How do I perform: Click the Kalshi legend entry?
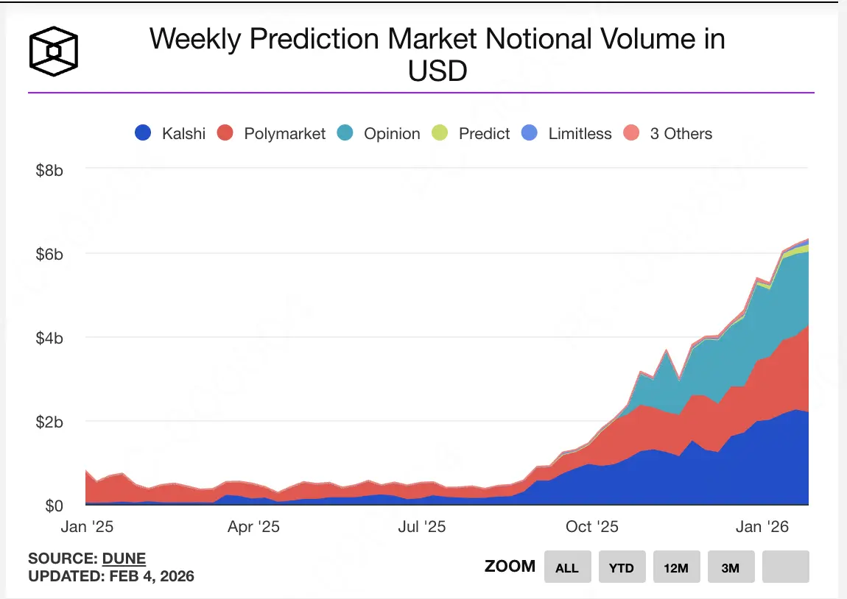pos(170,133)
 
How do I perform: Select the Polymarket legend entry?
pos(272,133)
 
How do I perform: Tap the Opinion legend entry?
pos(379,133)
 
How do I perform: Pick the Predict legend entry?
pos(472,133)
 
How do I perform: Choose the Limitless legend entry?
pos(566,133)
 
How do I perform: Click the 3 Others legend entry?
pos(668,133)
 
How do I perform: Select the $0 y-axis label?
pos(54,506)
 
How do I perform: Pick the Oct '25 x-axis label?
pos(593,527)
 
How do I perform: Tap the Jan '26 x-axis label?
pos(762,527)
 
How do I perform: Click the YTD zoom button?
pos(622,567)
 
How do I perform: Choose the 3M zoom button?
pos(731,567)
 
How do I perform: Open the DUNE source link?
pos(124,558)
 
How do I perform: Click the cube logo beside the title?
pos(53,51)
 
